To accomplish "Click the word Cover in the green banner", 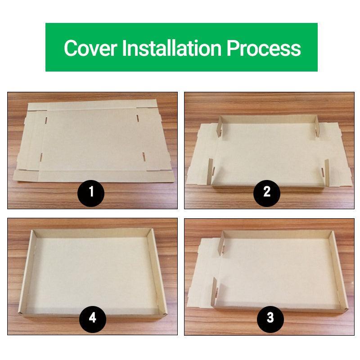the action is [x=90, y=48].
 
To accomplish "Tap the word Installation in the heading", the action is [x=172, y=48].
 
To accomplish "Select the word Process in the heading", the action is [x=264, y=48].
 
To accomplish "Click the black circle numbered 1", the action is [x=91, y=193].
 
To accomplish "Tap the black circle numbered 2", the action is [x=267, y=193].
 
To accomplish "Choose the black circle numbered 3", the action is [x=270, y=319].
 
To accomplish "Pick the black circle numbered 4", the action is [x=93, y=319].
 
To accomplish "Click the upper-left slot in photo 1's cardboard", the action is [x=46, y=120].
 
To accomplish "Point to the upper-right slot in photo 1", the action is [x=138, y=118].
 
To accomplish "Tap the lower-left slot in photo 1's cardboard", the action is [x=41, y=157].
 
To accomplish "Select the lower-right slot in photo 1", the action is [x=144, y=156].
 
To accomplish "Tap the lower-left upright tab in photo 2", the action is [x=210, y=171].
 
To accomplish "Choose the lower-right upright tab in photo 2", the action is [x=326, y=172].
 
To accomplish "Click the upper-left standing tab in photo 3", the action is [x=222, y=243].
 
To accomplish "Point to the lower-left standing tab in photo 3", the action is [x=215, y=291].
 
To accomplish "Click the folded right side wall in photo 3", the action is [x=338, y=271].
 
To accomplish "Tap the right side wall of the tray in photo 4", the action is [x=157, y=272].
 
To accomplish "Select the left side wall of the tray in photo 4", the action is [x=27, y=273].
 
